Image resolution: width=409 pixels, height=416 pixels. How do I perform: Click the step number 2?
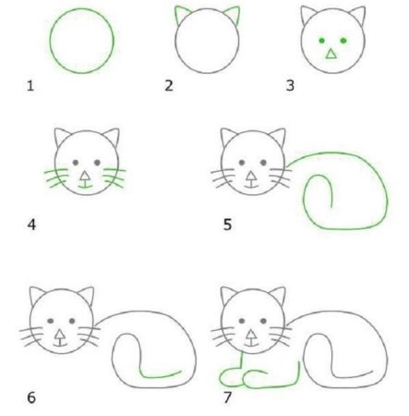pos(169,86)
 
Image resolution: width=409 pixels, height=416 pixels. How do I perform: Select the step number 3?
pos(291,86)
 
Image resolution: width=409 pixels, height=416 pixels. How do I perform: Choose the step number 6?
pos(30,398)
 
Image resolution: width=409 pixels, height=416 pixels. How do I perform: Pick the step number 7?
pos(227,398)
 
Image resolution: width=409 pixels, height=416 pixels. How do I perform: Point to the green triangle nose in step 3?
pos(331,55)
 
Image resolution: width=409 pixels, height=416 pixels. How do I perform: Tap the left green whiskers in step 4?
pos(53,177)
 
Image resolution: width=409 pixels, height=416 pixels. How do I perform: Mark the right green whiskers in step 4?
pos(116,177)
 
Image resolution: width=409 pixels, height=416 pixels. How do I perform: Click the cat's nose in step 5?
pos(252,173)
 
